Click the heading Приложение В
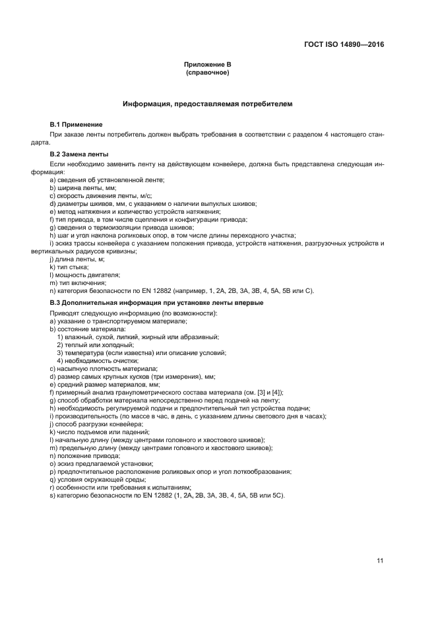click(x=208, y=64)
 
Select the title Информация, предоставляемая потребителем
click(x=208, y=104)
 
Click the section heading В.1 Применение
click(x=76, y=124)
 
